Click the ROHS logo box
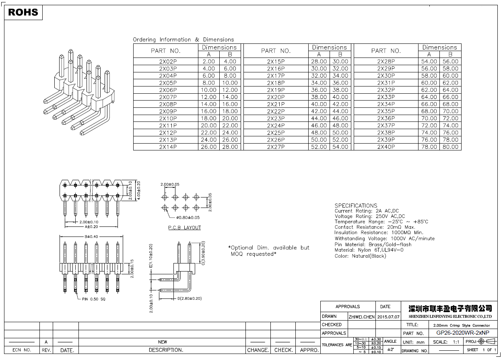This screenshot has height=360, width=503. click(x=23, y=12)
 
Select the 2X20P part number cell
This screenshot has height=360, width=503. click(x=276, y=97)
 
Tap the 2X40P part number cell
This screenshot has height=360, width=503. click(x=386, y=147)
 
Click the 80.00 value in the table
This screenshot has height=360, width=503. click(x=450, y=147)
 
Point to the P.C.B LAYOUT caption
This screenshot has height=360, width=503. click(x=184, y=228)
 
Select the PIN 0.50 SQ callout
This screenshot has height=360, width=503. click(x=94, y=299)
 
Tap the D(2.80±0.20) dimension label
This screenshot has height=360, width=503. click(x=190, y=298)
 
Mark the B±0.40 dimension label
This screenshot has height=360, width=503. click(x=90, y=237)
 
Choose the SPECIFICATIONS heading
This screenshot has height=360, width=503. click(x=356, y=206)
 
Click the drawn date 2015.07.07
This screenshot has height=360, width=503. click(x=388, y=317)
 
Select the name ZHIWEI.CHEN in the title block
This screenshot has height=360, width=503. click(x=361, y=317)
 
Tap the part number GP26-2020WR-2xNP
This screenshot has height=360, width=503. click(x=463, y=333)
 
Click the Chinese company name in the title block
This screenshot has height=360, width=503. click(x=450, y=309)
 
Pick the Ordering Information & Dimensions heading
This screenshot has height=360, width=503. click(x=183, y=39)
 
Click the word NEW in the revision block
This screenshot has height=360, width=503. click(x=162, y=342)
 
